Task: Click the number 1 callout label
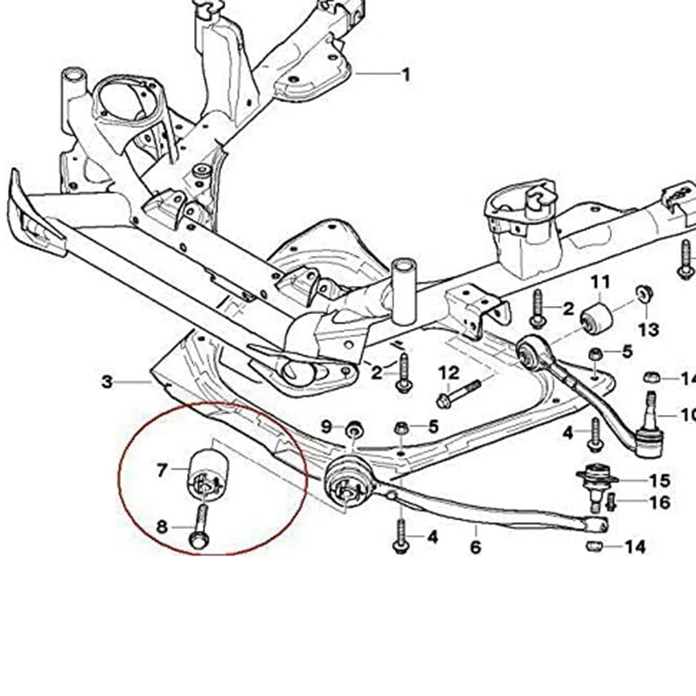click(405, 75)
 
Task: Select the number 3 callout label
click(107, 381)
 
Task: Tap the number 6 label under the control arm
click(475, 547)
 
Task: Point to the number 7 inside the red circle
click(162, 471)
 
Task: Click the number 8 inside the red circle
click(162, 525)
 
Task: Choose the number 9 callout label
click(326, 426)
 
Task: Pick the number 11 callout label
click(600, 282)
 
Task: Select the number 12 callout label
click(448, 373)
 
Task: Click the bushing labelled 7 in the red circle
click(207, 471)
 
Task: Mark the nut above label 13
click(645, 291)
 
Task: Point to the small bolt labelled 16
click(611, 502)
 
